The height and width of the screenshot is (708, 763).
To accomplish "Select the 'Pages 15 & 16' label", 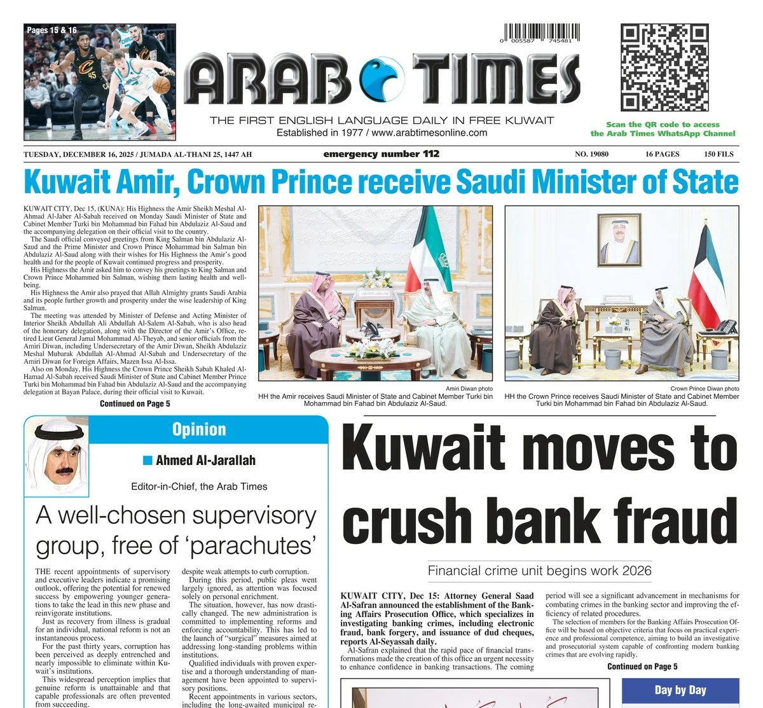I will (52, 30).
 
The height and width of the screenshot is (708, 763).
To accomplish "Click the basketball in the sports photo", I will (162, 85).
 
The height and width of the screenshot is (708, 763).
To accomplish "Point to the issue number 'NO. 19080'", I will (591, 154).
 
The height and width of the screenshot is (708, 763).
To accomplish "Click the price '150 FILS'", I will (718, 154).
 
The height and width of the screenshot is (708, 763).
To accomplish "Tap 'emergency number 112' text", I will (381, 154).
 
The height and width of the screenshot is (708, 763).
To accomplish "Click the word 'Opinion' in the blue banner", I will (199, 429).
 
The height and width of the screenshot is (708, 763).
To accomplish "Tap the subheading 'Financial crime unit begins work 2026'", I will (539, 571).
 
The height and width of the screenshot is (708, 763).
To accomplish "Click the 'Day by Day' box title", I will (680, 690).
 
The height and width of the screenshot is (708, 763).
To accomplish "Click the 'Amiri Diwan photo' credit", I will (469, 389).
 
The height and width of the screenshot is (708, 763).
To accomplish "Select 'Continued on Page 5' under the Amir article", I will (135, 403).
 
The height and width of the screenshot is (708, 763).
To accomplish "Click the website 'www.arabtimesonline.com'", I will (429, 133).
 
